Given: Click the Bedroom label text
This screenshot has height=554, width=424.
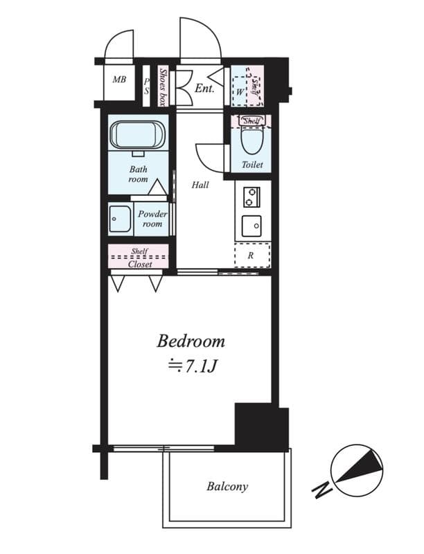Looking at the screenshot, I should click(191, 341).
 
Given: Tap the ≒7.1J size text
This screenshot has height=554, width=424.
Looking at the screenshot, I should click(191, 365).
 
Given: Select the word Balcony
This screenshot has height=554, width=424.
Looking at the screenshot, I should click(227, 486).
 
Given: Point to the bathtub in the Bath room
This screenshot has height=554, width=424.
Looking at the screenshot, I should click(137, 134).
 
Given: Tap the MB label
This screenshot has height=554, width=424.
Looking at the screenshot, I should click(119, 79).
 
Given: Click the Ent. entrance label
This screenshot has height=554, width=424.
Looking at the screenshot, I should click(204, 88).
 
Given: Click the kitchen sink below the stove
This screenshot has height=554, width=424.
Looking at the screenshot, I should click(251, 226).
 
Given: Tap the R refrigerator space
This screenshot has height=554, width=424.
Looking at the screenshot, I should click(250, 255).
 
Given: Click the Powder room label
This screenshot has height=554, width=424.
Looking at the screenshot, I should click(152, 219).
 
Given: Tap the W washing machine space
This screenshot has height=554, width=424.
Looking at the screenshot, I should click(240, 91).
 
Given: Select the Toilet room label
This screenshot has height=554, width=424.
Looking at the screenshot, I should click(251, 165).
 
